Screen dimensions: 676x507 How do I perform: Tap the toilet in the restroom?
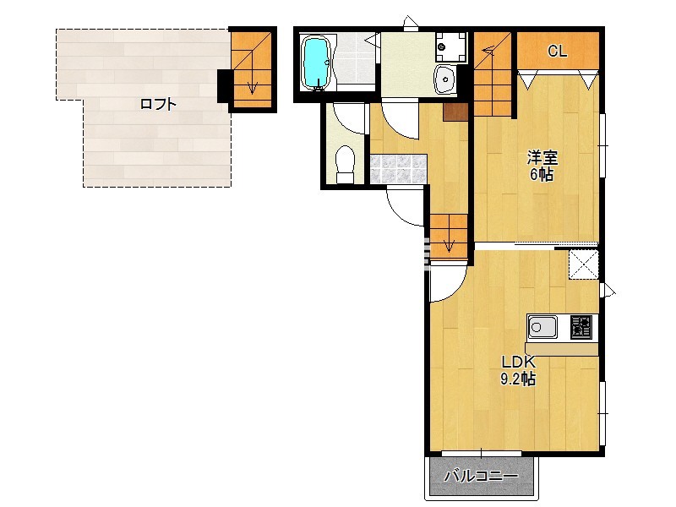345,164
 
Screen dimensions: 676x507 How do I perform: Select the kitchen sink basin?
542,327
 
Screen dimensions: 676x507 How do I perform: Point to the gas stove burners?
581,327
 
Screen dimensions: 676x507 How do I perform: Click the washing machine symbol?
451,46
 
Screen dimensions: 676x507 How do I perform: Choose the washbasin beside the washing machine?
445,79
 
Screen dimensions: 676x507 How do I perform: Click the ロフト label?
158,104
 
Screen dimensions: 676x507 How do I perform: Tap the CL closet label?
557,52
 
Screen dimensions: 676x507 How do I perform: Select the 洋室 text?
542,158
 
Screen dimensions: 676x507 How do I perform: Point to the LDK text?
518,362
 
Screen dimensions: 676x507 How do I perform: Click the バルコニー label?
482,477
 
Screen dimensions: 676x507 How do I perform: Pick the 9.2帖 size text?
518,379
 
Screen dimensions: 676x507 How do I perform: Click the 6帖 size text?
542,175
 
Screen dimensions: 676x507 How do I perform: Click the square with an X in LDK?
583,264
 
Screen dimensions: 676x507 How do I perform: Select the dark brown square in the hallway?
455,112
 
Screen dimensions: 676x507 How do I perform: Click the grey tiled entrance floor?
398,168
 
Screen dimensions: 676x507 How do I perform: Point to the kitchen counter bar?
562,349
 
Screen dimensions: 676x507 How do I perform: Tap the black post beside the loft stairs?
224,86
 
